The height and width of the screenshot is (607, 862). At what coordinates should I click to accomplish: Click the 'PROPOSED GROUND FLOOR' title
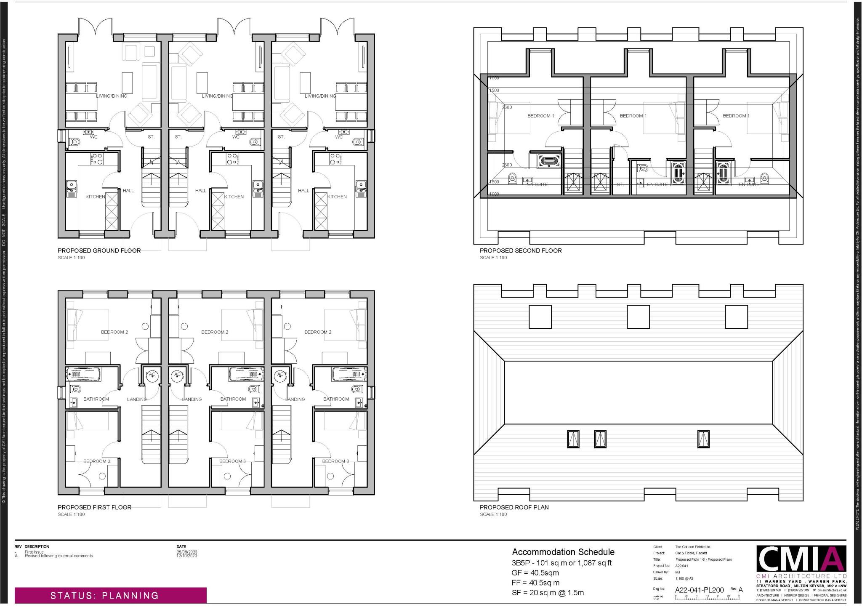pyautogui.click(x=99, y=250)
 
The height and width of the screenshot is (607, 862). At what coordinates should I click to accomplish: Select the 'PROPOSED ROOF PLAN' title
pyautogui.click(x=514, y=507)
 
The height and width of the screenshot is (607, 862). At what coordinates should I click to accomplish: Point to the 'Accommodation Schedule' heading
pyautogui.click(x=563, y=552)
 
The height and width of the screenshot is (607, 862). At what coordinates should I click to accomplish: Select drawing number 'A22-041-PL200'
pyautogui.click(x=699, y=590)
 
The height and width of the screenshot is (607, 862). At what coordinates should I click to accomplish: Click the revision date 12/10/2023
pyautogui.click(x=186, y=556)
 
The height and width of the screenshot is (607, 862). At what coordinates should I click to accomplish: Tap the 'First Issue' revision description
pyautogui.click(x=34, y=552)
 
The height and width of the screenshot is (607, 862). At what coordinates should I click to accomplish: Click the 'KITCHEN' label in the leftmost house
pyautogui.click(x=95, y=197)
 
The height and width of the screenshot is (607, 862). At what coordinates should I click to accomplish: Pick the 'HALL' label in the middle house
pyautogui.click(x=201, y=191)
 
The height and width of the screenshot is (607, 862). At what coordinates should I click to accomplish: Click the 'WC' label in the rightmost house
pyautogui.click(x=339, y=137)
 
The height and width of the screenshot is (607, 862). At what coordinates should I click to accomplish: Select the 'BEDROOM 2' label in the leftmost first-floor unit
pyautogui.click(x=114, y=332)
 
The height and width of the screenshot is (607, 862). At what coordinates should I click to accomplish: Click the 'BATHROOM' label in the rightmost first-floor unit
pyautogui.click(x=336, y=399)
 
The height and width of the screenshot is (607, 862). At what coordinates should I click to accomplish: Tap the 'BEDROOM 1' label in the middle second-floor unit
pyautogui.click(x=633, y=116)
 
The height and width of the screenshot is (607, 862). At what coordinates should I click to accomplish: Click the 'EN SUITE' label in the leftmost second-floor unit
pyautogui.click(x=537, y=184)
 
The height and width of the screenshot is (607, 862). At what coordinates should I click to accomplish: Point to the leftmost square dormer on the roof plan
pyautogui.click(x=540, y=317)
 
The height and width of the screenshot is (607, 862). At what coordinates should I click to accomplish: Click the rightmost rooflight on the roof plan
pyautogui.click(x=702, y=439)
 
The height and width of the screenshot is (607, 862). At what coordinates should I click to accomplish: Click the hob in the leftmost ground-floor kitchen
pyautogui.click(x=97, y=159)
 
